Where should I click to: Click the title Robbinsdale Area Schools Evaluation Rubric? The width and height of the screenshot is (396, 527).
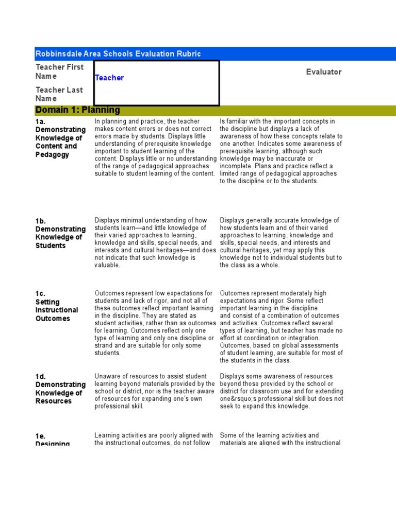[118, 54]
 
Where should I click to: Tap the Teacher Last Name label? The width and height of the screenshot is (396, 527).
[59, 94]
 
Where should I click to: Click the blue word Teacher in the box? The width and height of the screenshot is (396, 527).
[109, 78]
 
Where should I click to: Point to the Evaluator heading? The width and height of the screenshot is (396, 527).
[324, 72]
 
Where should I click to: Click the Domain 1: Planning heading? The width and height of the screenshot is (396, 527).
[78, 110]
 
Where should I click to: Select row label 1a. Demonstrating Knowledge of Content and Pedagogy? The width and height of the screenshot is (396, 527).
[60, 138]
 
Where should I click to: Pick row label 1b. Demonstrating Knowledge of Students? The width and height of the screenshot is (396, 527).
[60, 233]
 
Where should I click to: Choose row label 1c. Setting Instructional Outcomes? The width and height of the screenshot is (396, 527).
[57, 306]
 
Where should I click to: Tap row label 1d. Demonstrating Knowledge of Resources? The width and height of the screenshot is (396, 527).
[60, 389]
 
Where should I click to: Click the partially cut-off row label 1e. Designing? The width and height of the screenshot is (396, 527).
[53, 440]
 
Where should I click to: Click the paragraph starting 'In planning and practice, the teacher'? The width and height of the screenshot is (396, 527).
[155, 147]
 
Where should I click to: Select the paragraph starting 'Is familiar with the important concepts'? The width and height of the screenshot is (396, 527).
[281, 151]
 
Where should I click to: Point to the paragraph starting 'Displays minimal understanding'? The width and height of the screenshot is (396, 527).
[155, 242]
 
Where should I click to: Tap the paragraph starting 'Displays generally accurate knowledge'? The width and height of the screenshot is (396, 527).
[281, 242]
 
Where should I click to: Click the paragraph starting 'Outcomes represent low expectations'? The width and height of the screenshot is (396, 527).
[155, 323]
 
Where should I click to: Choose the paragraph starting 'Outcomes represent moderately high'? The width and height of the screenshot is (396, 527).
[281, 326]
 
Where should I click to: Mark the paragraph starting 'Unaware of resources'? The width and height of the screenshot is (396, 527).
[155, 391]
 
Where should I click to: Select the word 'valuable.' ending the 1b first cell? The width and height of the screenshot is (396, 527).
[107, 265]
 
